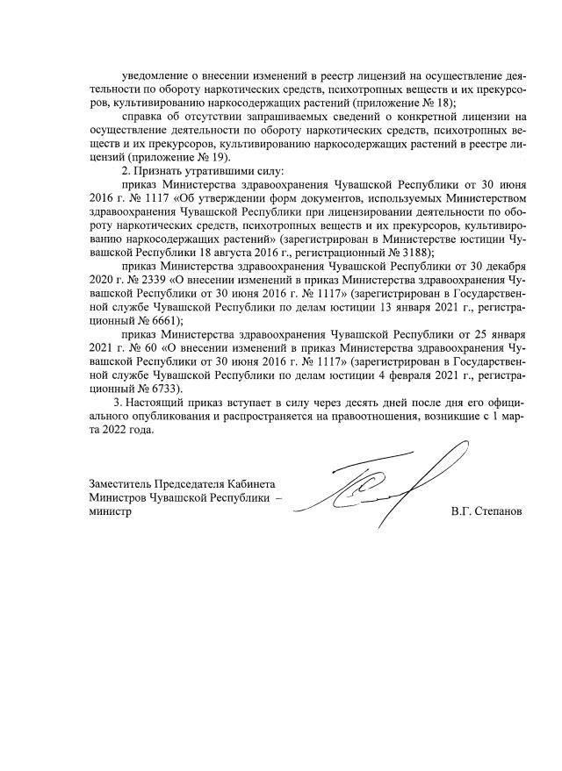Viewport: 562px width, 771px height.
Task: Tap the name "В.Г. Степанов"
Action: pyautogui.click(x=484, y=511)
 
